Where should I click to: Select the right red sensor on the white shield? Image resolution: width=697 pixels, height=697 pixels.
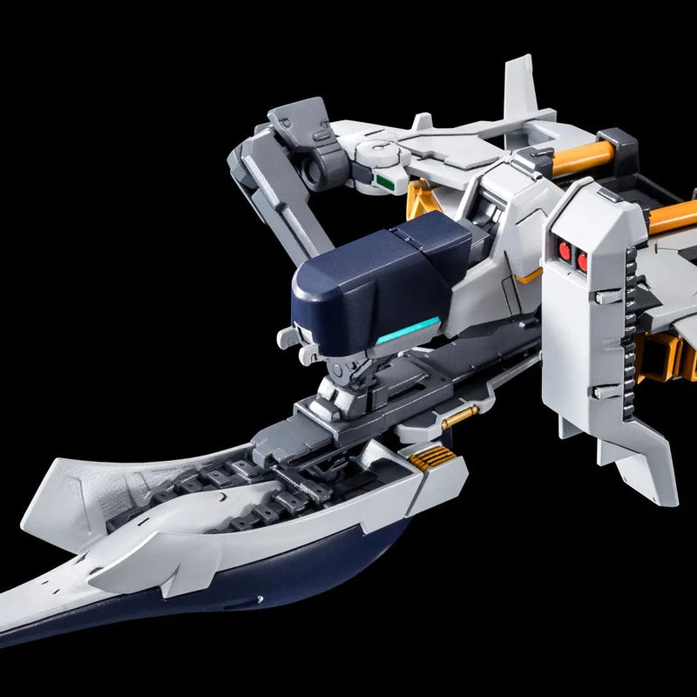coord(583,259)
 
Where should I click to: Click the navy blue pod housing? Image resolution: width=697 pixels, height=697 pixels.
coord(375,270)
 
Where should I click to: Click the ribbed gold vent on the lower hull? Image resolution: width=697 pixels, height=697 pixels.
coord(423,457)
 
